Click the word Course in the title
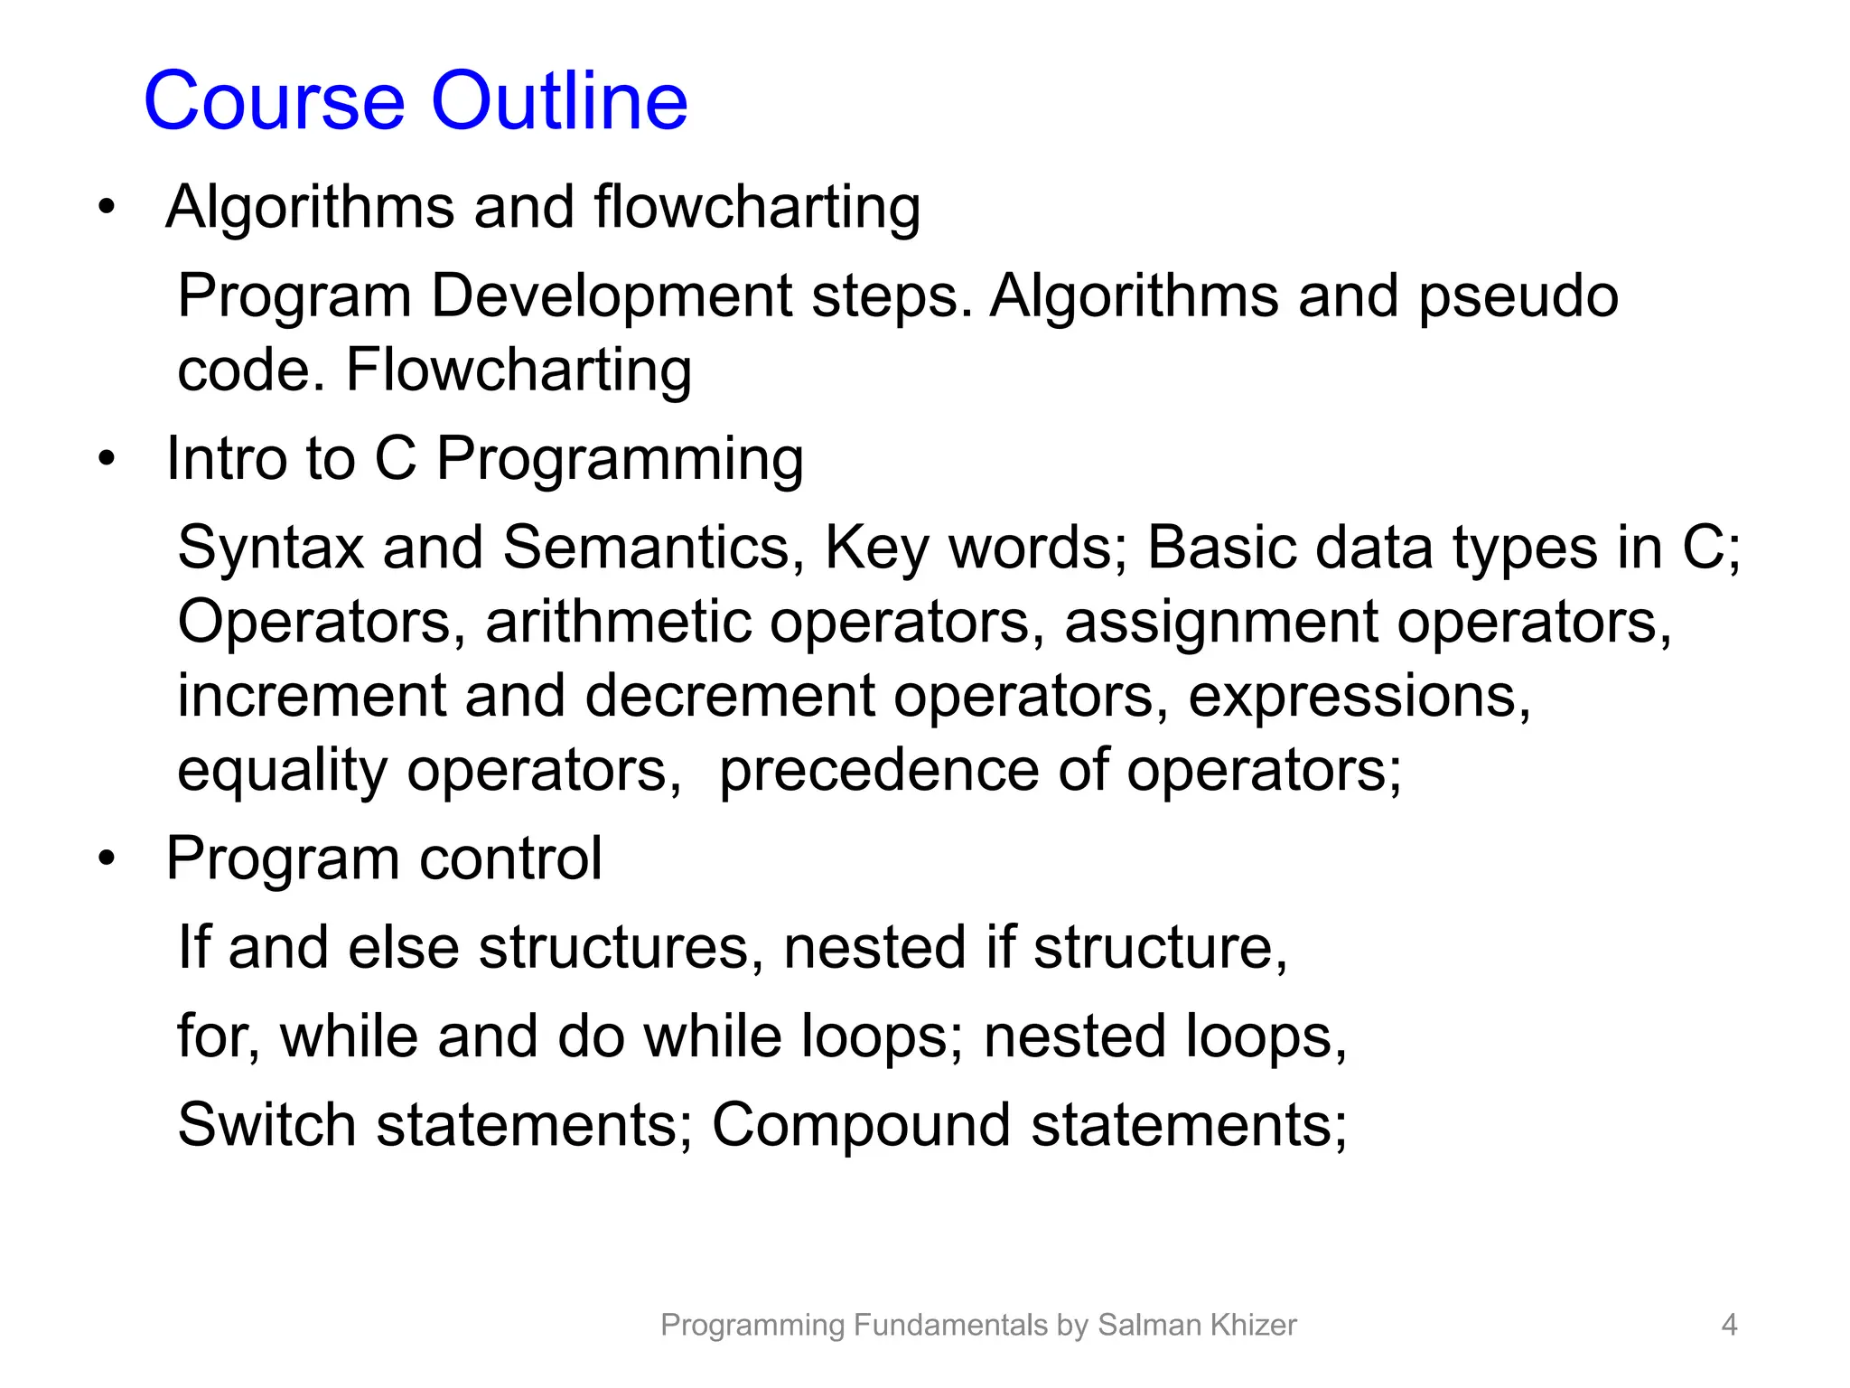click(x=274, y=101)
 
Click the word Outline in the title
click(x=559, y=101)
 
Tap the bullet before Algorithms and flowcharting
click(x=107, y=207)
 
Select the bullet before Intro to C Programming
click(x=107, y=458)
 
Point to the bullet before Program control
click(x=107, y=858)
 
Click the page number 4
click(x=1729, y=1325)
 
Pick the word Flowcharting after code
click(x=519, y=370)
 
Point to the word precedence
click(x=878, y=771)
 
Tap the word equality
click(x=282, y=771)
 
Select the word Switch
click(x=266, y=1125)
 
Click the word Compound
click(x=861, y=1125)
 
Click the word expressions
click(x=1359, y=696)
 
